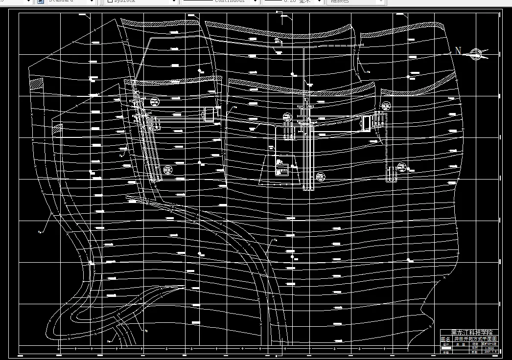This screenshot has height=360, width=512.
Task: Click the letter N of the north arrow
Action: pos(458,51)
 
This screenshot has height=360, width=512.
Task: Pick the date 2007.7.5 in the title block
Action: pos(490,352)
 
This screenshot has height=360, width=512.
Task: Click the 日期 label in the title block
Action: pos(474,352)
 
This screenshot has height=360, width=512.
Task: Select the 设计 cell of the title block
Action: pos(445,344)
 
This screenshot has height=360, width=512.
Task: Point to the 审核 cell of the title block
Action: pos(445,352)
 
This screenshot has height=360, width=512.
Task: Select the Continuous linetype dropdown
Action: pos(220,1)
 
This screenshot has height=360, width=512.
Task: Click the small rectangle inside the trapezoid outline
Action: pos(281,171)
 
